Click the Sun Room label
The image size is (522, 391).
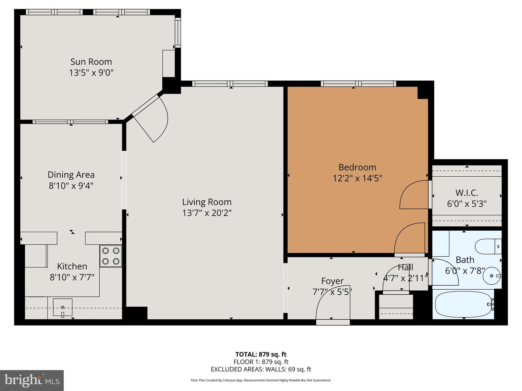tap(91, 62)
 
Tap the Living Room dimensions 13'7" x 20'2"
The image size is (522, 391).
tap(207, 213)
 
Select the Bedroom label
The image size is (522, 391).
tap(357, 167)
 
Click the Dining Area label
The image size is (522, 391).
tap(71, 175)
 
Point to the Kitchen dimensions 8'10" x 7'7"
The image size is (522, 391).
tap(72, 277)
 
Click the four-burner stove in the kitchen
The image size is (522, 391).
tap(111, 256)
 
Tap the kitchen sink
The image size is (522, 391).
tap(63, 307)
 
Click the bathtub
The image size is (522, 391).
tap(463, 304)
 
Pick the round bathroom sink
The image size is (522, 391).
tap(492, 276)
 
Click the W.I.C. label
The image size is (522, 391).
tap(467, 193)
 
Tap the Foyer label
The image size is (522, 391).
tap(332, 281)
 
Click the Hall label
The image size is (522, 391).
tap(405, 268)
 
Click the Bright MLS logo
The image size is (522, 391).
tap(32, 380)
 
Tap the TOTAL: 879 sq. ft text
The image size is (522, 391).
tap(261, 354)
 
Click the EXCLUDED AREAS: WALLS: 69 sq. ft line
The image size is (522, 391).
tap(261, 369)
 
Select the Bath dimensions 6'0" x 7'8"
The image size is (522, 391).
tap(465, 271)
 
